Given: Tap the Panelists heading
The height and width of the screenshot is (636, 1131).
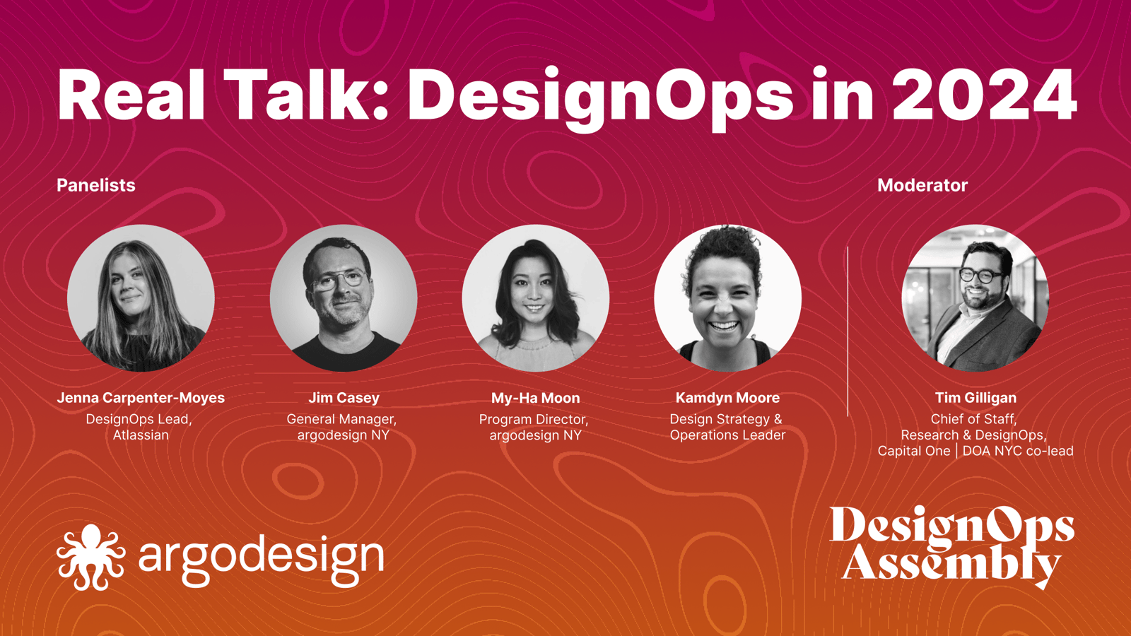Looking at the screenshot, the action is pyautogui.click(x=96, y=185).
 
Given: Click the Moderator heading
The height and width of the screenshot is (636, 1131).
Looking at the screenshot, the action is pyautogui.click(x=922, y=185).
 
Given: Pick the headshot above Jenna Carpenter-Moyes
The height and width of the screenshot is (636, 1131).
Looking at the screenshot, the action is pyautogui.click(x=141, y=298).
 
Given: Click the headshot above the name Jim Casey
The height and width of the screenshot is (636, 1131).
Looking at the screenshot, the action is pyautogui.click(x=344, y=298).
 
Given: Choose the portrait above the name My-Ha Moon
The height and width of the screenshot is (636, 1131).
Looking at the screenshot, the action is pyautogui.click(x=536, y=298).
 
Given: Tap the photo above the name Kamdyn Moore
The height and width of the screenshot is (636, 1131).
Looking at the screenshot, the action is pyautogui.click(x=727, y=298).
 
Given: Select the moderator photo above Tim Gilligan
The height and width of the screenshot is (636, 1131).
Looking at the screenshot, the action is pyautogui.click(x=975, y=298).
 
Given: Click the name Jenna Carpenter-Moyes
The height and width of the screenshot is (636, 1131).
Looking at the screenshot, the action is pyautogui.click(x=141, y=398).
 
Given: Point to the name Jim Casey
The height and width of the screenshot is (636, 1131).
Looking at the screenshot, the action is pyautogui.click(x=344, y=398).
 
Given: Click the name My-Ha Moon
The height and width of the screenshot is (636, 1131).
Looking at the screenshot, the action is pyautogui.click(x=536, y=398).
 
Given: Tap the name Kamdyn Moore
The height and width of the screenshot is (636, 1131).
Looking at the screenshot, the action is pyautogui.click(x=727, y=398).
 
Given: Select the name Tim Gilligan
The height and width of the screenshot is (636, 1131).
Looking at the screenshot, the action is pyautogui.click(x=975, y=398).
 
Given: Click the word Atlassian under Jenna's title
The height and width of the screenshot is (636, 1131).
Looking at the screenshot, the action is pyautogui.click(x=141, y=435).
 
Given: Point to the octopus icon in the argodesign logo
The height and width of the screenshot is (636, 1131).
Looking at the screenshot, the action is pyautogui.click(x=91, y=557).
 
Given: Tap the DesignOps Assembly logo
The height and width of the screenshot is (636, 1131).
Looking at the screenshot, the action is pyautogui.click(x=951, y=547).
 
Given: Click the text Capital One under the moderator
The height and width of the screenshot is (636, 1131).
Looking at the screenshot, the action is pyautogui.click(x=914, y=451).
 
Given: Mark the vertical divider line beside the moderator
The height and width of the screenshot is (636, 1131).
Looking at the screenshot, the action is pyautogui.click(x=848, y=331).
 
